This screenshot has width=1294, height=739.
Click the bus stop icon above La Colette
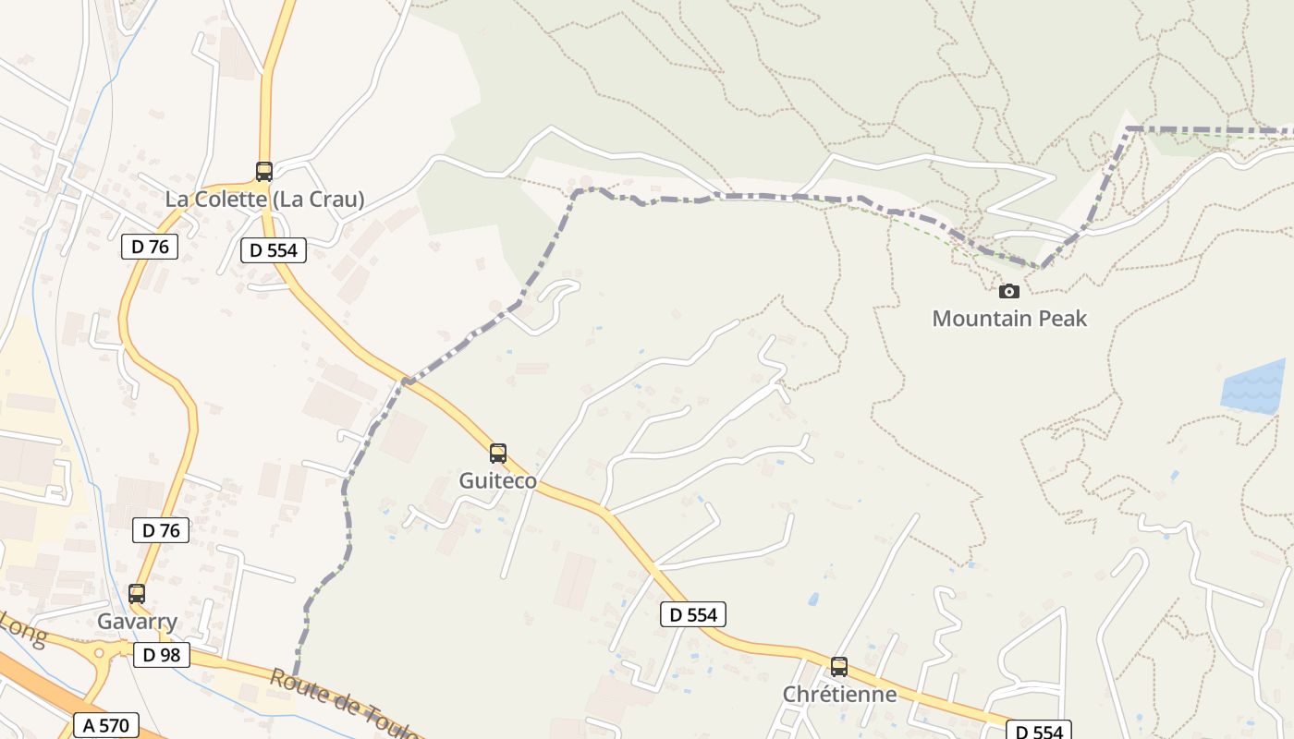(x=264, y=171)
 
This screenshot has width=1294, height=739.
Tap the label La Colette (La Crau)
(x=264, y=199)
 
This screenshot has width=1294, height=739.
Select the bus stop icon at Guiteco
(x=498, y=454)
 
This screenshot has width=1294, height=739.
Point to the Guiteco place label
(x=498, y=481)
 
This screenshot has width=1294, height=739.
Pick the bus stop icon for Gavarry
(x=137, y=594)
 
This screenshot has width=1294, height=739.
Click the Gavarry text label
(x=137, y=622)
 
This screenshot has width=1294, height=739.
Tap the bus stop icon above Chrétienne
(x=839, y=666)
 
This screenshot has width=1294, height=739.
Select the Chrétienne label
(x=839, y=694)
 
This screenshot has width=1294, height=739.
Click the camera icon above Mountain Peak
(x=1009, y=291)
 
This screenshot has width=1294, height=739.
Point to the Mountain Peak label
(x=1009, y=319)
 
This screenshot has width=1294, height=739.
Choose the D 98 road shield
(x=162, y=655)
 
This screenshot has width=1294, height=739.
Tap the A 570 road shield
(x=106, y=725)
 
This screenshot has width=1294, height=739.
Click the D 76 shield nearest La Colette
(x=150, y=247)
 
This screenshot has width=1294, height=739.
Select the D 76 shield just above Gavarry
(x=161, y=530)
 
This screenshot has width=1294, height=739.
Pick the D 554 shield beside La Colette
(x=274, y=249)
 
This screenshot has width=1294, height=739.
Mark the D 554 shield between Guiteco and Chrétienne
(x=693, y=614)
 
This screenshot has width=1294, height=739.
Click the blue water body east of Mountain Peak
(x=1254, y=386)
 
